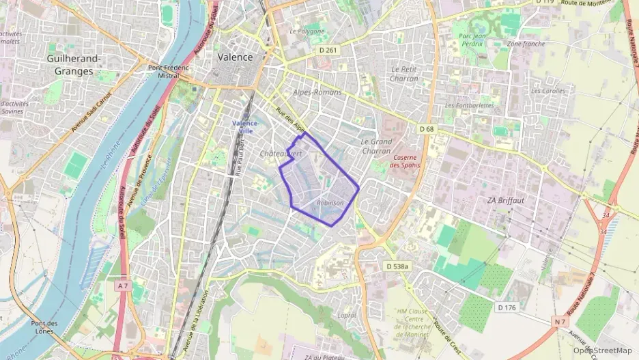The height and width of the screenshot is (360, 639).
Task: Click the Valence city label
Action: tap(235, 57)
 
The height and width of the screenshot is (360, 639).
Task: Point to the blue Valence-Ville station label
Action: tap(245, 126)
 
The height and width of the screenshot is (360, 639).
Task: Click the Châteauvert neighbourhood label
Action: tap(281, 154)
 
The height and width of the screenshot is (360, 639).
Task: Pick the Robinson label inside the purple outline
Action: tap(330, 203)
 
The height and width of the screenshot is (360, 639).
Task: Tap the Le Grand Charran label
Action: tap(375, 146)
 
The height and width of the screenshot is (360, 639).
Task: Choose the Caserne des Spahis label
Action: tap(405, 161)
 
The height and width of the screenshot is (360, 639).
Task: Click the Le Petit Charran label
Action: tap(404, 74)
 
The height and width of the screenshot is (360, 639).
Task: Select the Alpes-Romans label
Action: tap(317, 92)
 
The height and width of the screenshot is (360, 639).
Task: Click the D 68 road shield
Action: tap(427, 129)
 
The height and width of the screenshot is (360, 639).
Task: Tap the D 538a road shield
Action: tap(397, 266)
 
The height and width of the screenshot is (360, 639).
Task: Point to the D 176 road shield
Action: tap(507, 307)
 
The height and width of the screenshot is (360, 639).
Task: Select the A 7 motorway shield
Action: tap(122, 286)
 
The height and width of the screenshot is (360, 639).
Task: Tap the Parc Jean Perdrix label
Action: tap(471, 40)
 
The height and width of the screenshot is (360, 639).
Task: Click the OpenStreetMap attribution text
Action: tap(603, 350)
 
